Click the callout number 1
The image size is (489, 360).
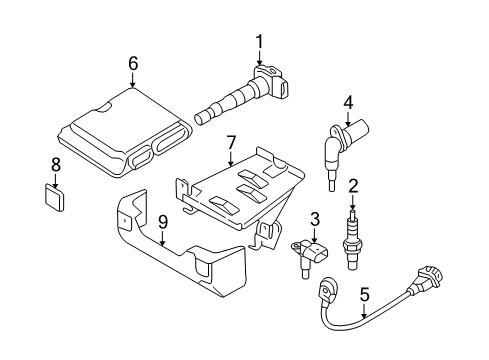click(259, 42)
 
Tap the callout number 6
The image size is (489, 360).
click(133, 63)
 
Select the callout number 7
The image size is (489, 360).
click(231, 143)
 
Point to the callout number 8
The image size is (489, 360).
click(56, 165)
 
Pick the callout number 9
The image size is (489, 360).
click(163, 223)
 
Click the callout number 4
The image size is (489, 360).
click(348, 103)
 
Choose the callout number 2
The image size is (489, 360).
click(353, 186)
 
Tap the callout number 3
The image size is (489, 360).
click(315, 219)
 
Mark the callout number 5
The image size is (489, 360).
click(364, 295)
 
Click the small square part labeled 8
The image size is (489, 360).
click(54, 198)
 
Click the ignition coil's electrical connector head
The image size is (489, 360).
click(272, 82)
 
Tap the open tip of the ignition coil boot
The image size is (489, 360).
click(199, 119)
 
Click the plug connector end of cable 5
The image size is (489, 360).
click(428, 278)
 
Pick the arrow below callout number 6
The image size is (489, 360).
click(133, 80)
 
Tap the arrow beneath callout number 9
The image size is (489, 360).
click(163, 239)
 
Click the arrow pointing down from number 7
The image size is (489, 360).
click(231, 159)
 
